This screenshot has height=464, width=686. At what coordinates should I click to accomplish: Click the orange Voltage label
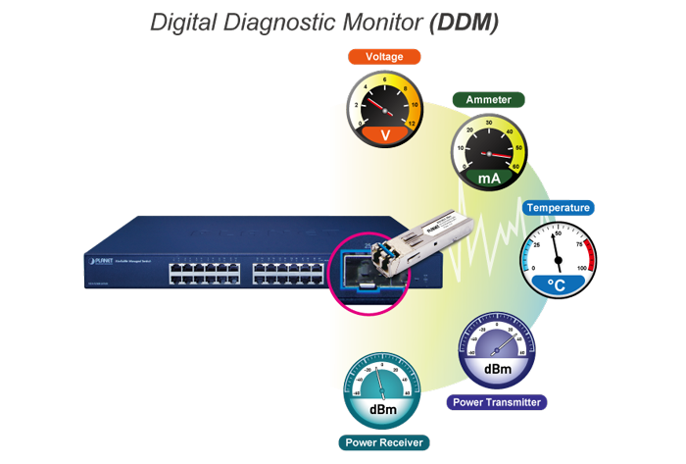click(384, 58)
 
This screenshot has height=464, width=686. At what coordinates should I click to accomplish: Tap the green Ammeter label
click(488, 100)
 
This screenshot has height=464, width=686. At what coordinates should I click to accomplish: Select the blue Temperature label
click(559, 208)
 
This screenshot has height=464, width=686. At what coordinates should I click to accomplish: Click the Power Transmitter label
click(496, 402)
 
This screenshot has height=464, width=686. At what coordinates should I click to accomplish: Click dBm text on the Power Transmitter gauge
click(496, 370)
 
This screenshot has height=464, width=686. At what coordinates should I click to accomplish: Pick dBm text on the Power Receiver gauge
click(381, 409)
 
